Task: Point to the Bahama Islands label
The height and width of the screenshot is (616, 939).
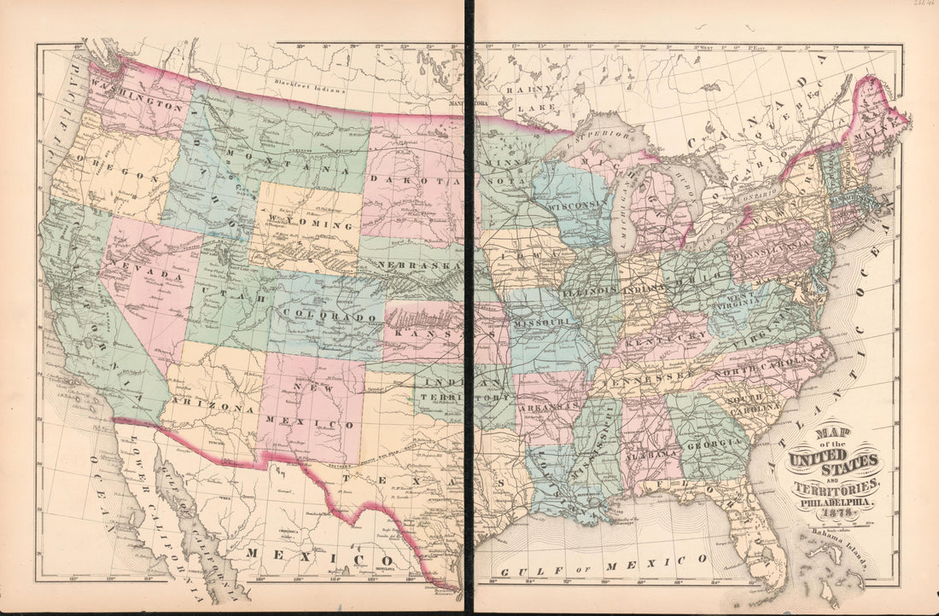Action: tap(841, 537)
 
